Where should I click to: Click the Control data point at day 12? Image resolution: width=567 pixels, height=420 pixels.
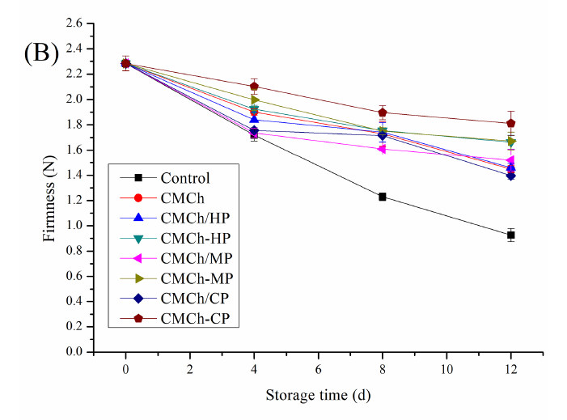click(511, 235)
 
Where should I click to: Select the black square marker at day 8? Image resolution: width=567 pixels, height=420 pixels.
click(383, 197)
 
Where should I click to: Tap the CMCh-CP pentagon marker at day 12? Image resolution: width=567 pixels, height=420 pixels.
click(511, 123)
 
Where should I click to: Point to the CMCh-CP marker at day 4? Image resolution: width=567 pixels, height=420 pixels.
click(254, 87)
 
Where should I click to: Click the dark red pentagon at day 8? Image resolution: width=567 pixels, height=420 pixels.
click(383, 112)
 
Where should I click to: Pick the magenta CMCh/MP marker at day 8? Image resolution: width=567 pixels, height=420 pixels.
click(383, 149)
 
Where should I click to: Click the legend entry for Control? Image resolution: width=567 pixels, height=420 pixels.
click(186, 179)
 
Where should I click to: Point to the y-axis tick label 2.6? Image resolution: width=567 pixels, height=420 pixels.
click(74, 24)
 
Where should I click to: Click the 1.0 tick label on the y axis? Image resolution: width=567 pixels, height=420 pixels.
click(74, 227)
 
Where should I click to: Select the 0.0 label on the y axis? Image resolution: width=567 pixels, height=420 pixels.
click(74, 353)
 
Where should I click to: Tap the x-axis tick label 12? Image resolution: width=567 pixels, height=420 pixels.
click(511, 369)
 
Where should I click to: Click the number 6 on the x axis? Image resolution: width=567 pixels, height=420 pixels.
click(318, 369)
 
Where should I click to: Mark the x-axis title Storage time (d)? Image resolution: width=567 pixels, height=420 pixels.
click(318, 396)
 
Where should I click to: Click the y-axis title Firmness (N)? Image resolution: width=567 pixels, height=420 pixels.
click(49, 189)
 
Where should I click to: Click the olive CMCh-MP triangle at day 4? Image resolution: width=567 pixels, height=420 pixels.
click(254, 100)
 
